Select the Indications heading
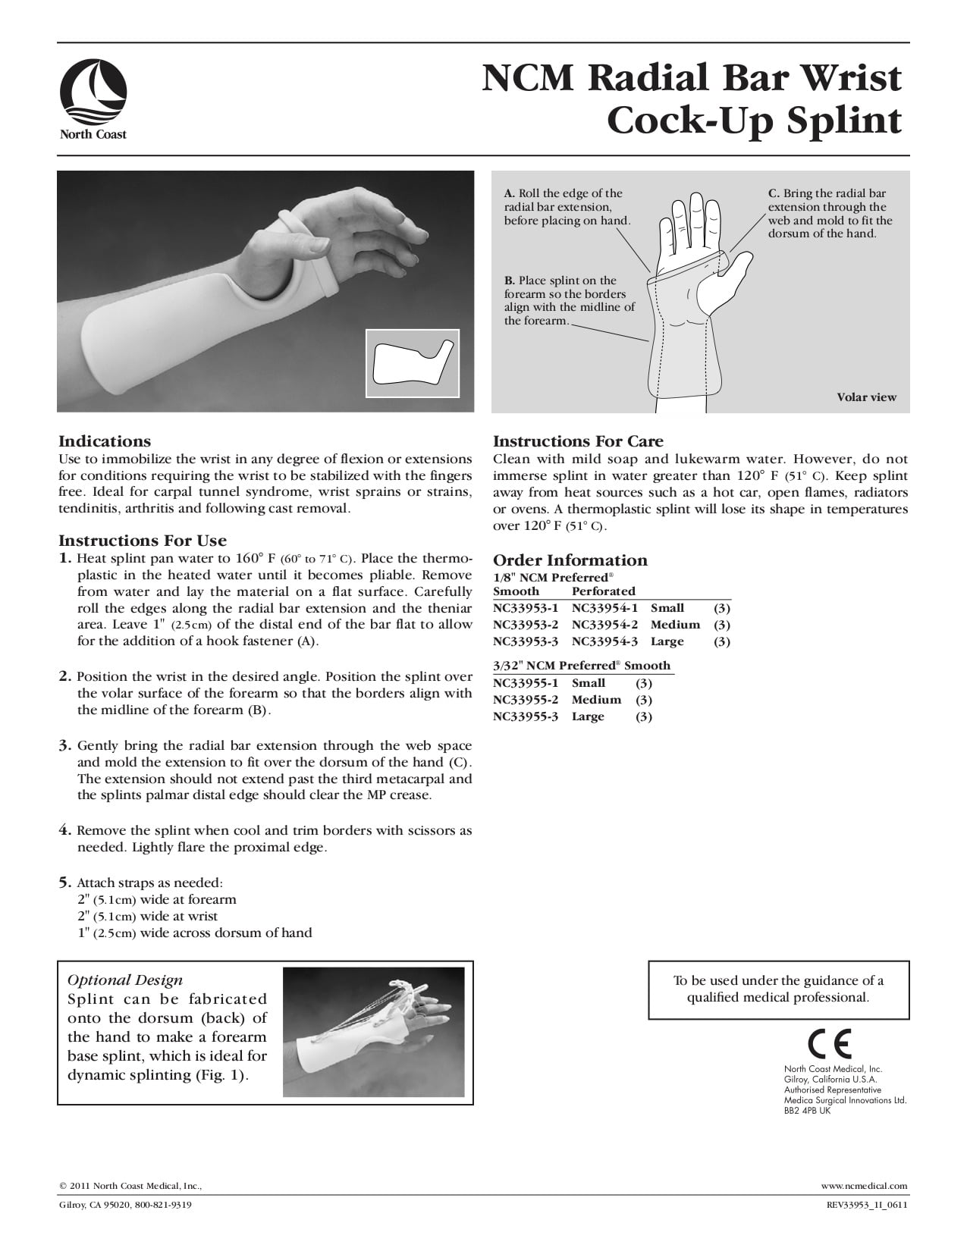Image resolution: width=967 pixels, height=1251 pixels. point(105,441)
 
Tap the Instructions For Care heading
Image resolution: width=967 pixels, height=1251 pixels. point(578,441)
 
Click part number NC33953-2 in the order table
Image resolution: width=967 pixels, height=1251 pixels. point(526,625)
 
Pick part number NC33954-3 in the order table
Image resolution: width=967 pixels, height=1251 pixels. point(604,641)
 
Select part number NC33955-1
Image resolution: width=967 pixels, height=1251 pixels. point(526,683)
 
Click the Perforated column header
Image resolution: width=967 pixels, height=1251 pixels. point(603,591)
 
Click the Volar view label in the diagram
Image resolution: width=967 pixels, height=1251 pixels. point(866,397)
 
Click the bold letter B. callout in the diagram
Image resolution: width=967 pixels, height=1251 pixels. point(510,281)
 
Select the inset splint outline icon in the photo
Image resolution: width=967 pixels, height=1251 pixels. point(413,363)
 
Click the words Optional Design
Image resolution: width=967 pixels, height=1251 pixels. point(125,980)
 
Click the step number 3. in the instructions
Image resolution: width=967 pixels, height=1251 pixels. point(66,745)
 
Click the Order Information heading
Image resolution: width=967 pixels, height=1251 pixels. point(570,560)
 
